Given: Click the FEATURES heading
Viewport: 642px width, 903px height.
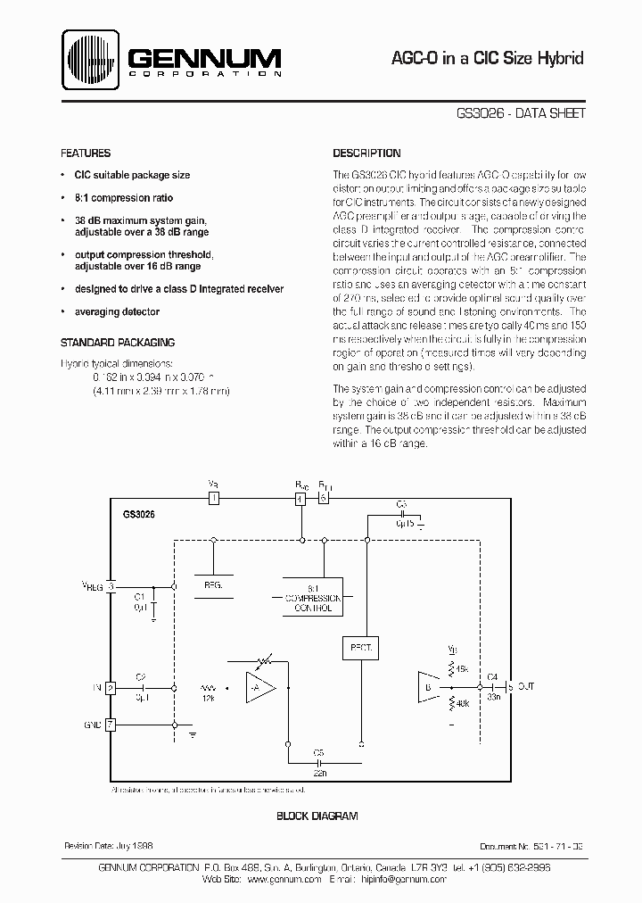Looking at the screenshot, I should [x=86, y=153].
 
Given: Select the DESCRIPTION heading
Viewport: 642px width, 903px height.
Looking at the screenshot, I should [x=366, y=153].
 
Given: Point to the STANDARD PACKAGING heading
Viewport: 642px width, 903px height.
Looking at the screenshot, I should [x=117, y=343].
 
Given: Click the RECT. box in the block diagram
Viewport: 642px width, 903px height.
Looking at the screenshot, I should [x=361, y=644].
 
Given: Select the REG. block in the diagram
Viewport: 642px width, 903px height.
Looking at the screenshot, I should [x=213, y=584].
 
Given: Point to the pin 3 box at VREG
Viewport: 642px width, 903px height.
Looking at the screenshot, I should [x=111, y=586].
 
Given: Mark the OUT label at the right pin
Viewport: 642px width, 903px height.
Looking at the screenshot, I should [x=527, y=687].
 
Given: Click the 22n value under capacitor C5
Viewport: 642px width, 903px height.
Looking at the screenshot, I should [x=318, y=774].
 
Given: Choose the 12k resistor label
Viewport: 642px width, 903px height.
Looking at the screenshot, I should [x=209, y=700].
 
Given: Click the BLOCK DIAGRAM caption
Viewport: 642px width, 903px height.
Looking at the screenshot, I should [x=317, y=816].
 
